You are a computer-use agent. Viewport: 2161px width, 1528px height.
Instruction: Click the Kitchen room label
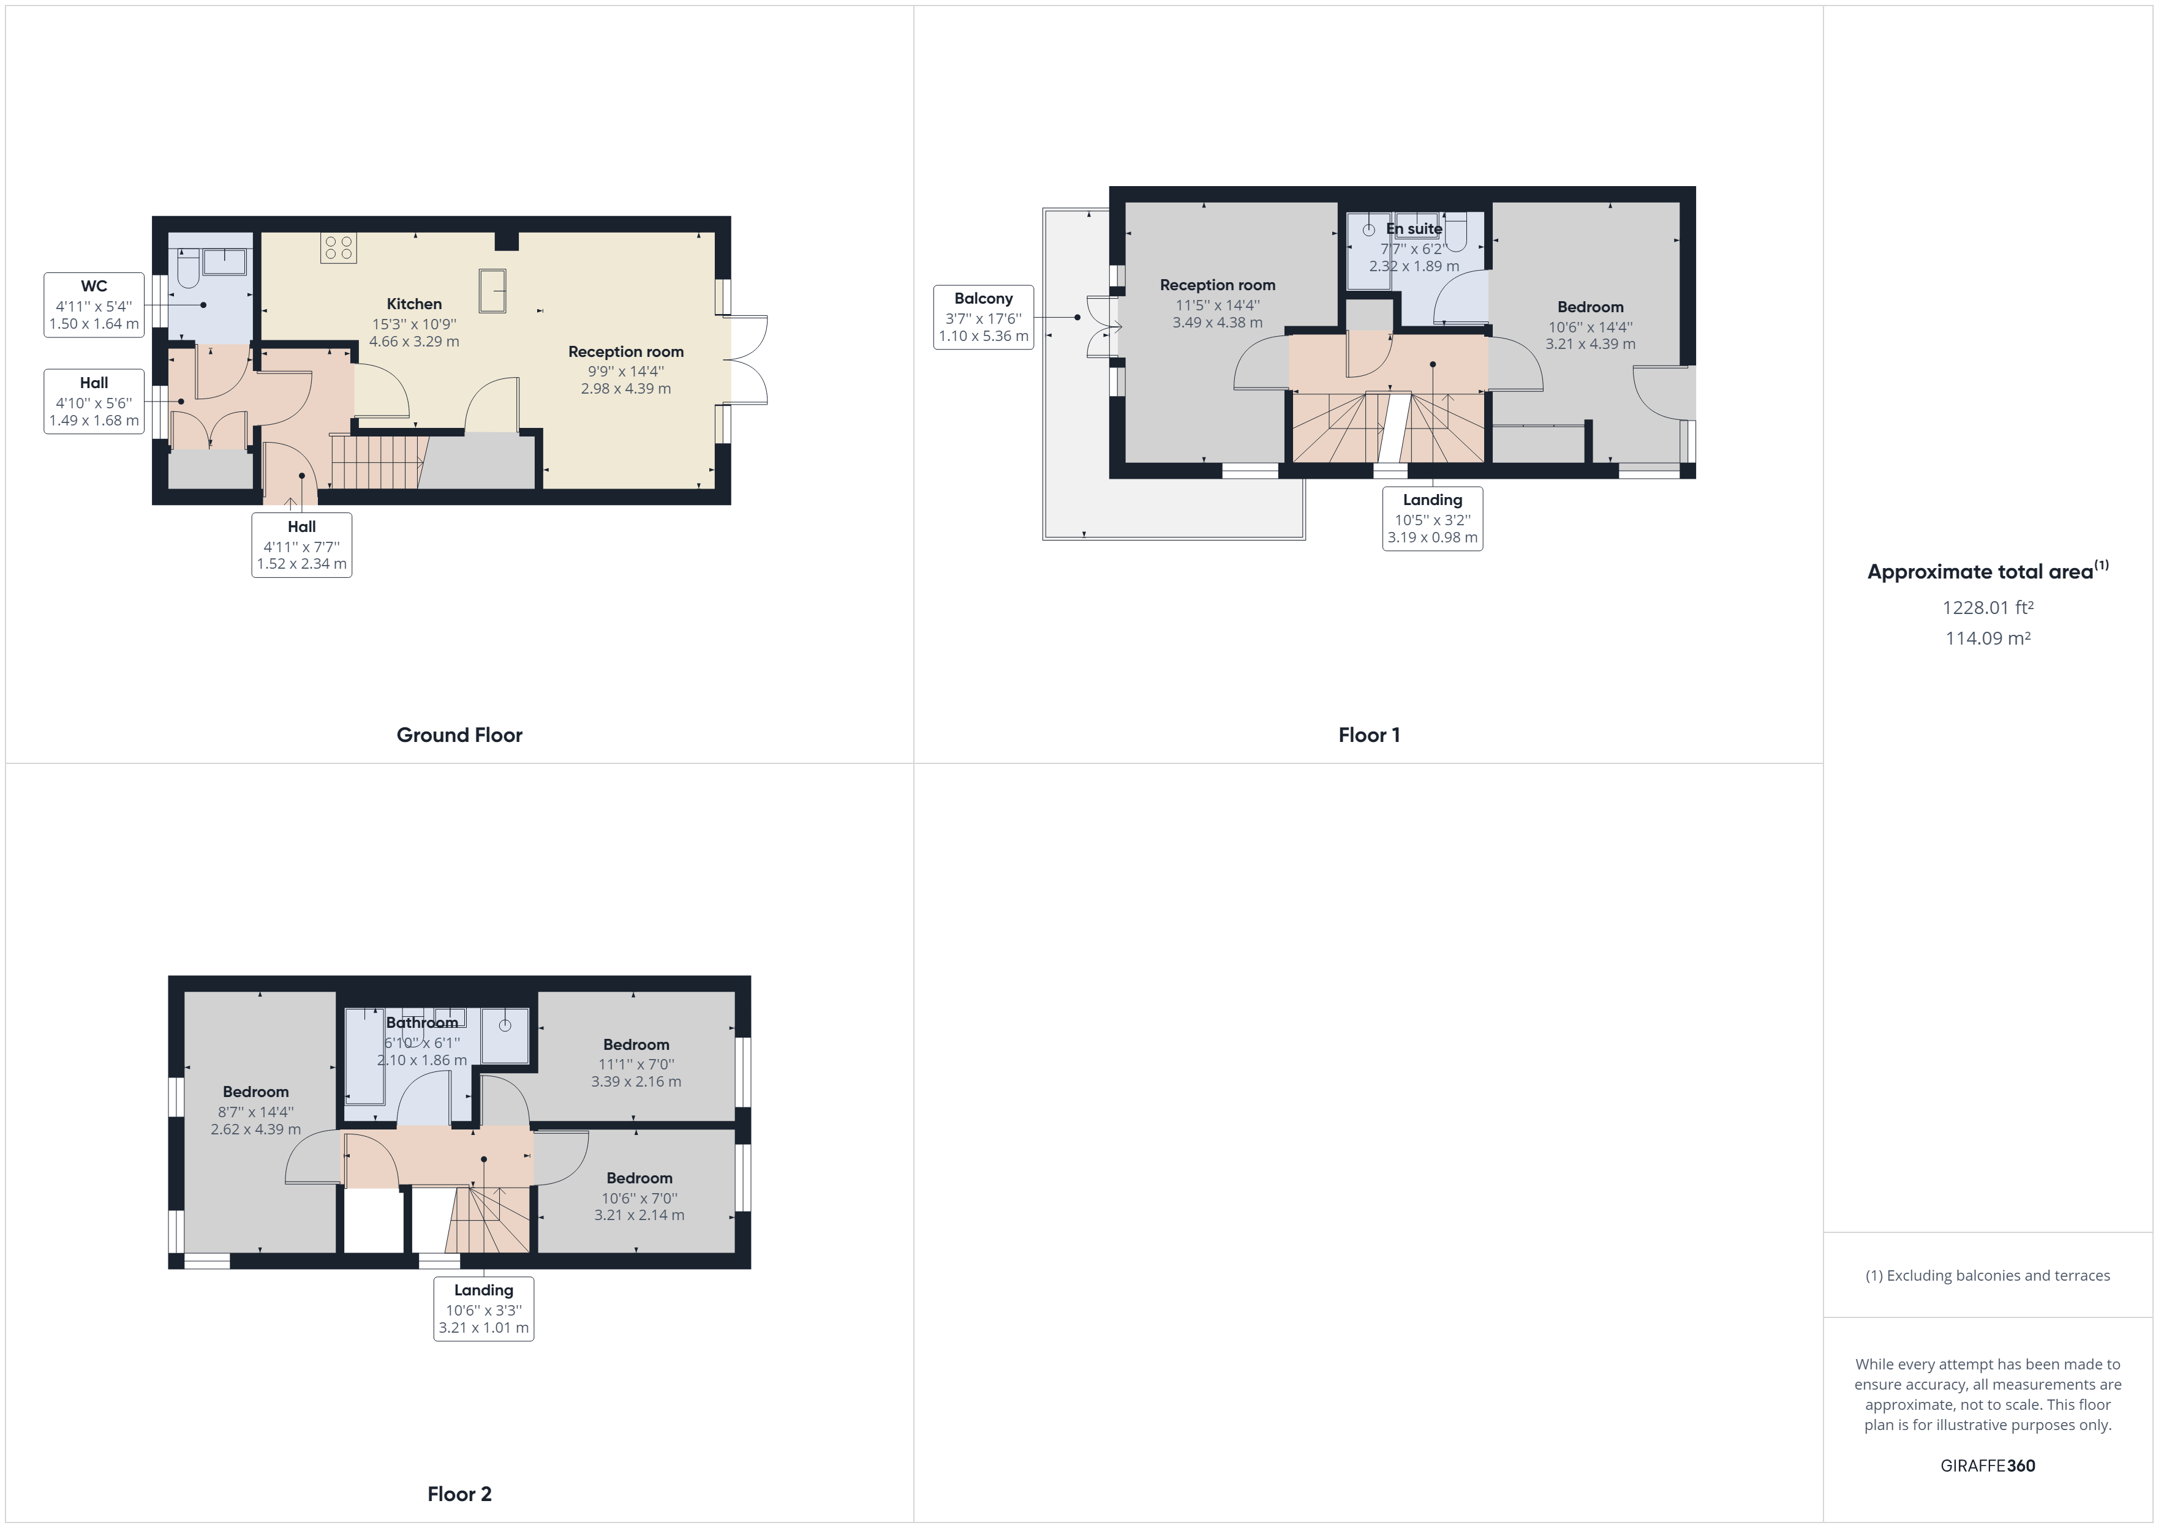click(414, 304)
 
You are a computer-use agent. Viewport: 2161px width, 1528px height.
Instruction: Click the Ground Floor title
click(459, 735)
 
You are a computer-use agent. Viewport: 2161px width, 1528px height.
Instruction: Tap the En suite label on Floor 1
click(1414, 228)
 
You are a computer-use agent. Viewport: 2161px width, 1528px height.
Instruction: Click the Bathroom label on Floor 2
click(421, 1023)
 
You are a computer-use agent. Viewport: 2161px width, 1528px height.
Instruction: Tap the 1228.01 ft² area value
click(1988, 608)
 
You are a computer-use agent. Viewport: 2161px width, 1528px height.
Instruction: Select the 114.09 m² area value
click(1988, 638)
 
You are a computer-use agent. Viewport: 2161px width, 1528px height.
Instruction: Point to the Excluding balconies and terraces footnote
click(1988, 1276)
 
